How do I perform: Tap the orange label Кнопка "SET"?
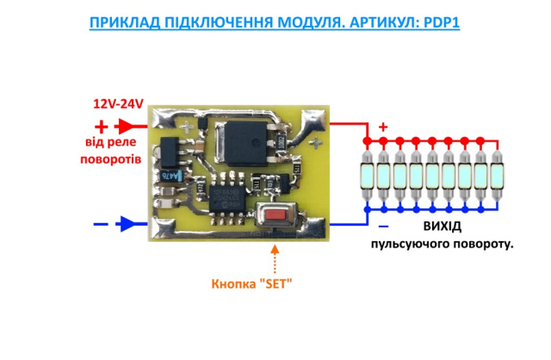click(252, 284)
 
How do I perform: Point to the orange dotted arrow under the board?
click(275, 254)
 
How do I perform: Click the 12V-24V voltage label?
click(118, 103)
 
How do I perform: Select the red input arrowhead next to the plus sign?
click(127, 126)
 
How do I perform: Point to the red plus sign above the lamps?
click(383, 127)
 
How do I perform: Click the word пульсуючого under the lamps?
click(411, 245)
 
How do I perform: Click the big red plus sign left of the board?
click(102, 126)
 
